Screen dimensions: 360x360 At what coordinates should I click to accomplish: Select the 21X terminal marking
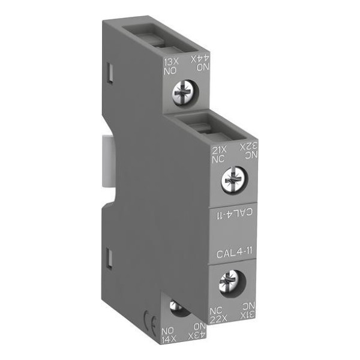point(219,150)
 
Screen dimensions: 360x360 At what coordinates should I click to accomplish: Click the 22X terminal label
point(218,319)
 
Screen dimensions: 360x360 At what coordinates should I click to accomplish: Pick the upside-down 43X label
point(197,336)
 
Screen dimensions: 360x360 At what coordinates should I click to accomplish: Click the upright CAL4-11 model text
point(235,254)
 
